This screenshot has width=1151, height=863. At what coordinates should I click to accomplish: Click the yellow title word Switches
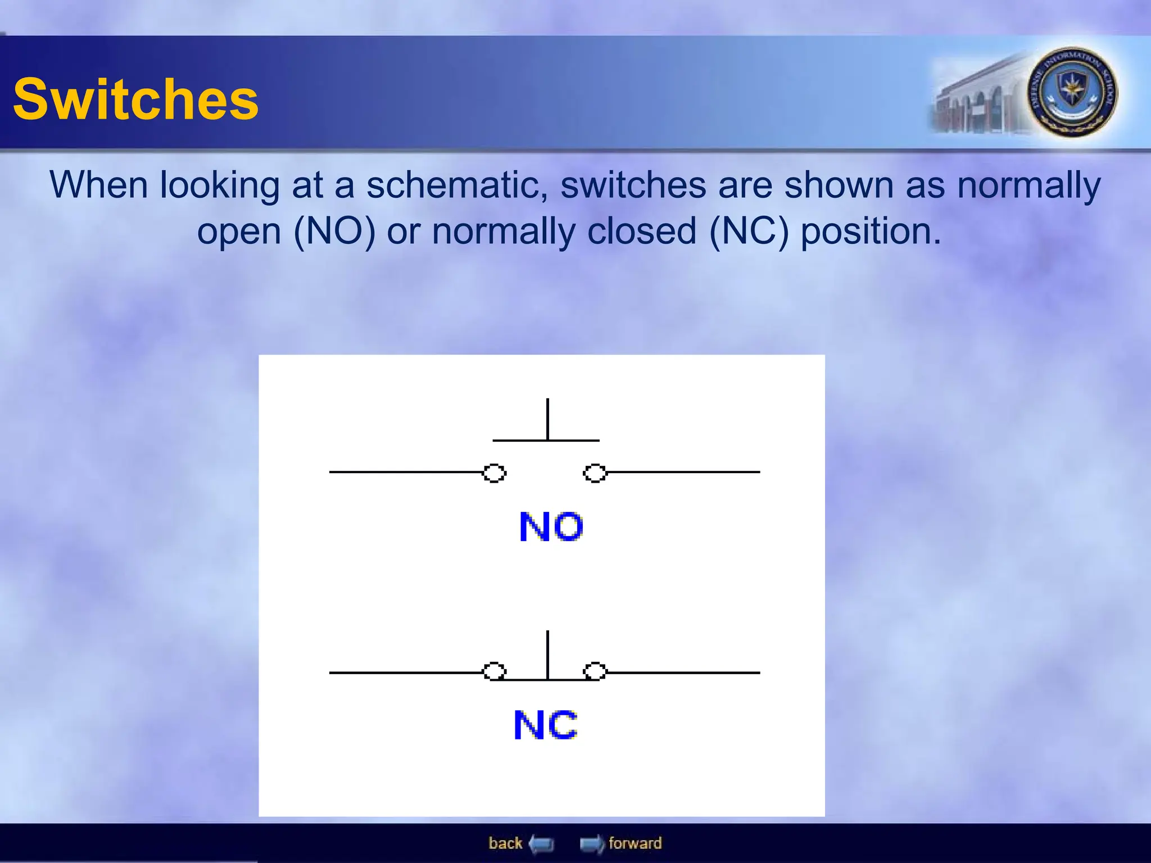pos(135,99)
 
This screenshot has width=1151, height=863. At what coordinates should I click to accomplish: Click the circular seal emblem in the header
pos(1072,92)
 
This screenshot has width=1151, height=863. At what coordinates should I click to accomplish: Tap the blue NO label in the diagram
pos(551,527)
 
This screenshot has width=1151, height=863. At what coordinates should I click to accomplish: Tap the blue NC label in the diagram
pos(545,725)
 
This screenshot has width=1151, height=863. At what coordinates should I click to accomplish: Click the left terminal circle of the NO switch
pos(495,473)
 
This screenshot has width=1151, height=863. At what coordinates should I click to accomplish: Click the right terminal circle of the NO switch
pos(595,473)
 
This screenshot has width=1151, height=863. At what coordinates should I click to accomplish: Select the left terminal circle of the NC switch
pos(495,671)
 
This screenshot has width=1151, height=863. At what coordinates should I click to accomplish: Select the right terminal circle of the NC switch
pos(595,671)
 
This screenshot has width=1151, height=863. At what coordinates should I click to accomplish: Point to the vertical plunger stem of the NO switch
pos(547,419)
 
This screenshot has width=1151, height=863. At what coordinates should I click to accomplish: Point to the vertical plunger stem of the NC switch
pos(547,655)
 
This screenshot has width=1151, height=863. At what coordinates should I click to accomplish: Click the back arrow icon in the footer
pos(542,844)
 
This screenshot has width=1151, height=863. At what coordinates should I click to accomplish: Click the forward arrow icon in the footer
pos(591,844)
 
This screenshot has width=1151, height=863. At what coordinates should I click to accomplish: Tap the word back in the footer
pos(505,843)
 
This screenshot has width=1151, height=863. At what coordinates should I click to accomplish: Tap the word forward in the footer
pos(635,843)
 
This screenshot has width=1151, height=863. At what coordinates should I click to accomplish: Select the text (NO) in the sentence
pos(334,231)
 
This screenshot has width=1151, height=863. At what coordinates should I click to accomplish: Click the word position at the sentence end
pos(871,231)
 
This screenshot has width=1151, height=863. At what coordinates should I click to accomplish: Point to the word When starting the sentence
pos(99,185)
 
